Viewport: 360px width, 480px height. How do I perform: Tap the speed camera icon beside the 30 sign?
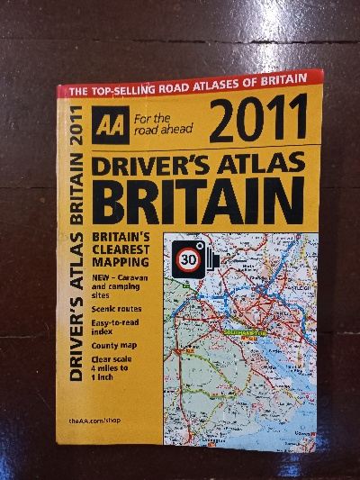point(210,258)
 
